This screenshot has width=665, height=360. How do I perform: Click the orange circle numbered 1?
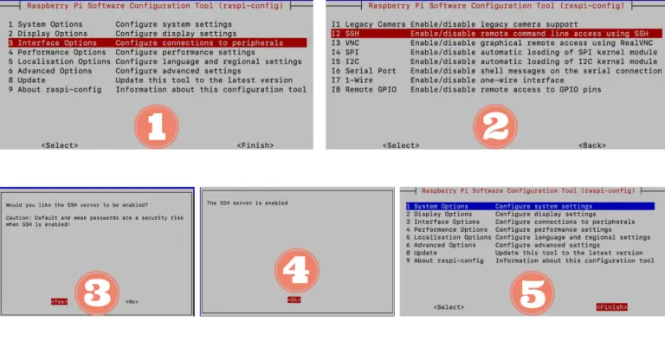pos(156,126)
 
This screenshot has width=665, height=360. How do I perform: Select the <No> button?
pos(132,301)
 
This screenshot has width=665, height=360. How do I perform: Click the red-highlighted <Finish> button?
pos(611,307)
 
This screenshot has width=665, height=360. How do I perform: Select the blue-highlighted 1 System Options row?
pos(529,206)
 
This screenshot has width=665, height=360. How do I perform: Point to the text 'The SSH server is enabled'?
pos(247,202)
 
